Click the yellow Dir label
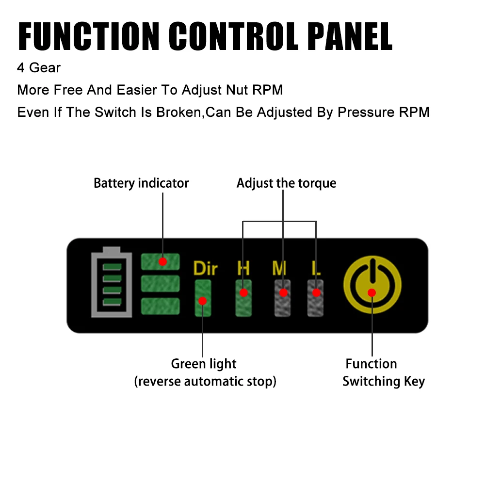coord(205,268)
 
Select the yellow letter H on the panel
coord(243,267)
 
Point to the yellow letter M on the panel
coord(279,267)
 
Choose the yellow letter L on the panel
coord(316,267)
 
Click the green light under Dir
coord(203,298)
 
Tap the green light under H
coord(243,298)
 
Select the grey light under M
coord(282,298)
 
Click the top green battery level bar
coord(160,261)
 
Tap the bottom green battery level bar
coord(160,306)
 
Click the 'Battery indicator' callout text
coord(141,183)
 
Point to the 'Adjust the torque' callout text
coord(286,183)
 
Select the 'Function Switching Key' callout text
coord(383,372)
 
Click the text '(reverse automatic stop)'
coord(205,382)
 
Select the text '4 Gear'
coord(39,68)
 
